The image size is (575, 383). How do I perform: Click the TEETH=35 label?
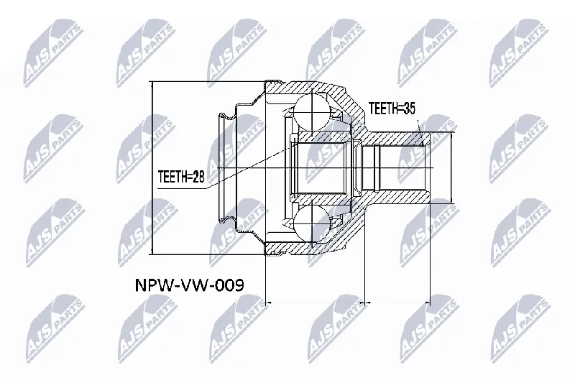392,109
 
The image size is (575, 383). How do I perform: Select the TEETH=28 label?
181,177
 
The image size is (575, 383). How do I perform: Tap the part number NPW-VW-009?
189,285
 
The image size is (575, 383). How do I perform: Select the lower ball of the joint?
311,223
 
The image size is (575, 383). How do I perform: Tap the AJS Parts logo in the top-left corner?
53,53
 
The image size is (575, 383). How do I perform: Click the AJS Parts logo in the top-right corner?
519,53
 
